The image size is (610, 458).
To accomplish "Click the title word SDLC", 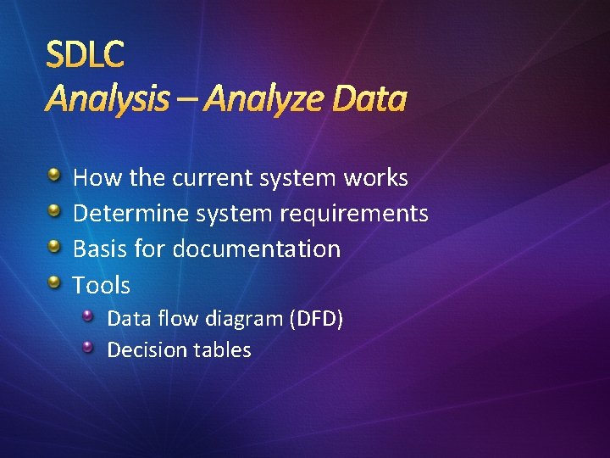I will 85,55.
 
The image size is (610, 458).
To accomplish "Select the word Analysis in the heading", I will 107,100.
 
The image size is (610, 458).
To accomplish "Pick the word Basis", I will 97,249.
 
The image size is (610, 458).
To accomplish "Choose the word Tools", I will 101,285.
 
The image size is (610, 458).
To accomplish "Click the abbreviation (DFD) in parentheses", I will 316,319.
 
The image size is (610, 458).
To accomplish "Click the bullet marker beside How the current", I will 54,176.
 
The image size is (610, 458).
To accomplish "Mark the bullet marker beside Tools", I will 54,282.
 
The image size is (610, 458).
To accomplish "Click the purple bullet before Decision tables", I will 89,347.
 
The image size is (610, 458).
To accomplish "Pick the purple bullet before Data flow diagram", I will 89,316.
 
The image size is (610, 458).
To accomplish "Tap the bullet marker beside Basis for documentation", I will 54,247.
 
